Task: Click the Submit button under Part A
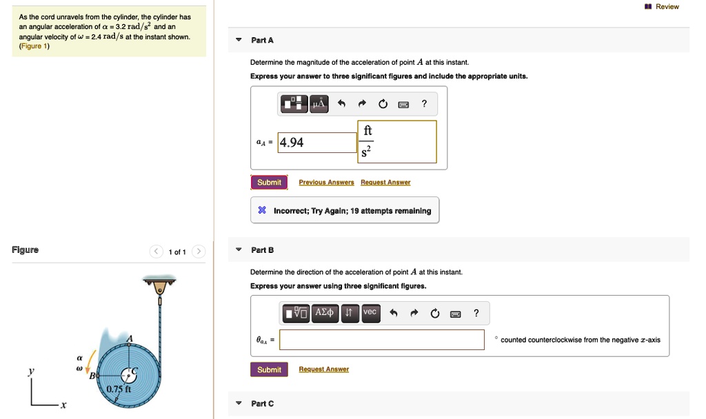(269, 182)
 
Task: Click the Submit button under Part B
(269, 369)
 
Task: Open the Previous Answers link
(326, 183)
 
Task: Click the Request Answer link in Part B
(323, 369)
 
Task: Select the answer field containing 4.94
(317, 143)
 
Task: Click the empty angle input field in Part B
(381, 340)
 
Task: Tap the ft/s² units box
(397, 142)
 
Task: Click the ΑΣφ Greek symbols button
(325, 313)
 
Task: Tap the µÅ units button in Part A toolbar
(318, 104)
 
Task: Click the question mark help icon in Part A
(424, 104)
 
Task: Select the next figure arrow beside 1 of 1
(198, 252)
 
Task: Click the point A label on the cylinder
(129, 337)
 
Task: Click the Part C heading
(262, 403)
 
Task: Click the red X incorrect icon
(262, 211)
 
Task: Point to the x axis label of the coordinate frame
(62, 406)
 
